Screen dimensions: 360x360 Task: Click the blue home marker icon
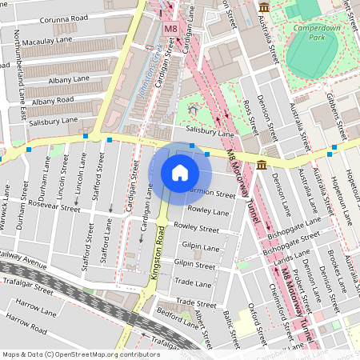[x=179, y=173]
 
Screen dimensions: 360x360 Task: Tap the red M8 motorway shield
[x=170, y=30]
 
